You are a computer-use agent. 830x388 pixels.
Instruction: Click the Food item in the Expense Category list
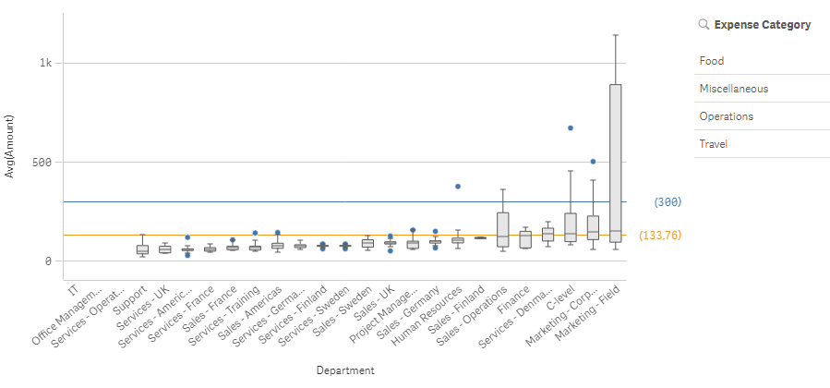pyautogui.click(x=712, y=61)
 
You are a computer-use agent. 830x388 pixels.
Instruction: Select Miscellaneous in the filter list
pyautogui.click(x=734, y=89)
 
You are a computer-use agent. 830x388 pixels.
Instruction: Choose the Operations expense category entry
pyautogui.click(x=726, y=116)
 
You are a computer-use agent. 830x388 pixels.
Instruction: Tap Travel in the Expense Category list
pyautogui.click(x=714, y=144)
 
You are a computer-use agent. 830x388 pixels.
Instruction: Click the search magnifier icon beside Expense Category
pyautogui.click(x=704, y=25)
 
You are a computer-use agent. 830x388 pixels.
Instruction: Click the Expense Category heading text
pyautogui.click(x=762, y=25)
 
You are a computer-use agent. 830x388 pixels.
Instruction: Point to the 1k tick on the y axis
pyautogui.click(x=45, y=63)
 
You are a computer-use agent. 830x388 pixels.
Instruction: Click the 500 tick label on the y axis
pyautogui.click(x=42, y=162)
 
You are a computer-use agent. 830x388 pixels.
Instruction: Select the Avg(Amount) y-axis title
pyautogui.click(x=11, y=146)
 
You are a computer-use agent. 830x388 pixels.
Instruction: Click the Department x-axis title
pyautogui.click(x=344, y=370)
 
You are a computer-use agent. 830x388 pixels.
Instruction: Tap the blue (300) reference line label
pyautogui.click(x=666, y=201)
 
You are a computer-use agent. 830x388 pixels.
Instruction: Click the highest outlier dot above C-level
pyautogui.click(x=571, y=127)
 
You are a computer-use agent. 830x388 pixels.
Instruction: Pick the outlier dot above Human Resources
pyautogui.click(x=457, y=187)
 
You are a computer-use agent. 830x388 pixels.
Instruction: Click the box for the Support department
pyautogui.click(x=142, y=249)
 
